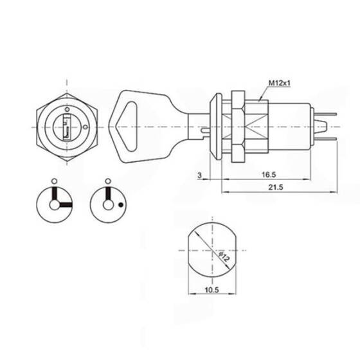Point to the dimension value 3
tap(199, 174)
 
